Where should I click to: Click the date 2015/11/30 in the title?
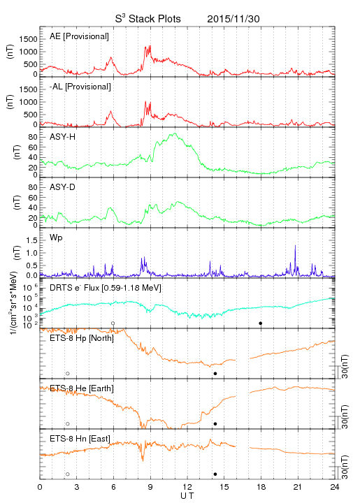pos(233,19)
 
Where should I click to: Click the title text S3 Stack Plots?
pos(148,18)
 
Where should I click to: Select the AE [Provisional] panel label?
pos(79,36)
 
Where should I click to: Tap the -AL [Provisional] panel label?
pos(80,87)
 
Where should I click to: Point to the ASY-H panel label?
pos(63,137)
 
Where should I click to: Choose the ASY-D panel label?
pos(63,187)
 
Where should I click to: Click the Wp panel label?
pos(56,238)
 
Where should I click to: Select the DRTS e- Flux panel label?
pos(106,288)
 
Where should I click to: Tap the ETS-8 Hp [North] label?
pos(82,338)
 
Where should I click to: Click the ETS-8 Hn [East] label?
pos(80,439)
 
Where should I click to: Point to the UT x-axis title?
pos(187,496)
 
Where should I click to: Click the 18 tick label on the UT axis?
pos(261,487)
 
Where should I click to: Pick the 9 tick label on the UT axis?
pos(150,487)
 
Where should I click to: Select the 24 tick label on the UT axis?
pos(335,487)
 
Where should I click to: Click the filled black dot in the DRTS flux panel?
pos(261,323)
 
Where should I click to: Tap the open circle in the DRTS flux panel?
pos(113,323)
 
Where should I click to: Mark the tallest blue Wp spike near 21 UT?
pos(295,246)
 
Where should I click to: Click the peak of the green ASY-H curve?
pos(175,133)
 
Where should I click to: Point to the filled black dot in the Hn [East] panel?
pos(215,474)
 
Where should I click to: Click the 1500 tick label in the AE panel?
pos(28,39)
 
